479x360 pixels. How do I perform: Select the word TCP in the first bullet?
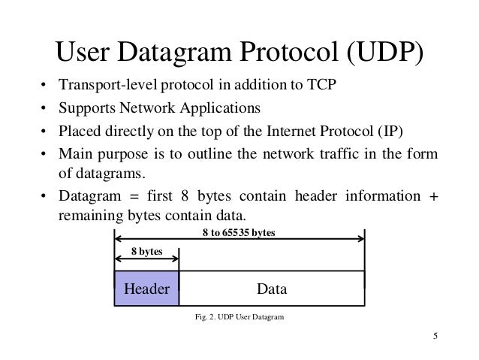click(x=325, y=83)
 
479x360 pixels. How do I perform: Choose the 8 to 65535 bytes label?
click(x=239, y=232)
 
